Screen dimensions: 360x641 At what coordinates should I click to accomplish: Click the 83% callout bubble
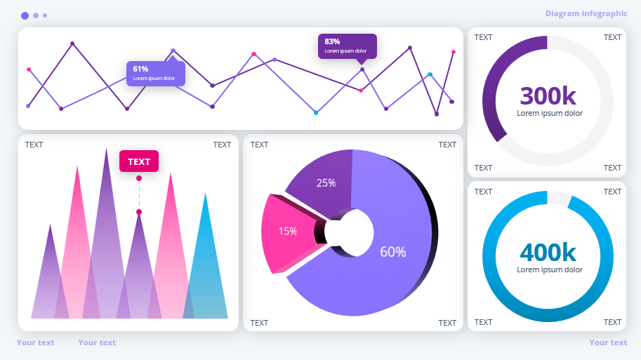pyautogui.click(x=347, y=46)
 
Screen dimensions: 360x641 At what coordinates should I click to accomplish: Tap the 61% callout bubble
pyautogui.click(x=155, y=73)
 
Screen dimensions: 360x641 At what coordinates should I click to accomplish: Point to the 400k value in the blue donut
pyautogui.click(x=548, y=252)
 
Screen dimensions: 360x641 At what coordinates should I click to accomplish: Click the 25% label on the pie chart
pyautogui.click(x=326, y=183)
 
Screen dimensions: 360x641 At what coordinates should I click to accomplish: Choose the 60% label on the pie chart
pyautogui.click(x=392, y=252)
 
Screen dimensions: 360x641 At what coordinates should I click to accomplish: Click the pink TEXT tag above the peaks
pyautogui.click(x=139, y=161)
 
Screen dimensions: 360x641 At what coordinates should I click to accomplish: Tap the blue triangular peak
pyautogui.click(x=206, y=267)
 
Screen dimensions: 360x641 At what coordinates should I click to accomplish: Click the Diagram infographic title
pyautogui.click(x=586, y=13)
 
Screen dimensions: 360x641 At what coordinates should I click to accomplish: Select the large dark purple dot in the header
pyautogui.click(x=25, y=15)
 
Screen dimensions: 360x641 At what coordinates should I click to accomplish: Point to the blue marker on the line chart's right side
pyautogui.click(x=430, y=74)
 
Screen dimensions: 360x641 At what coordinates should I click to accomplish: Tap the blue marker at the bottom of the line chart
pyautogui.click(x=316, y=112)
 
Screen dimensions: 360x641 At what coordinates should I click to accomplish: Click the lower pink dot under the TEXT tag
pyautogui.click(x=139, y=212)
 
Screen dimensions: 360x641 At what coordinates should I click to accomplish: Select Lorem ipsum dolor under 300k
pyautogui.click(x=549, y=113)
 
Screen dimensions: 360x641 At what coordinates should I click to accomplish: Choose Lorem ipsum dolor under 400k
pyautogui.click(x=549, y=269)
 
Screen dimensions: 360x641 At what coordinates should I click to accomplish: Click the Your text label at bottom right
pyautogui.click(x=608, y=342)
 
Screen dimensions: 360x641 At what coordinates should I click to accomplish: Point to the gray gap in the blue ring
pyautogui.click(x=559, y=199)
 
